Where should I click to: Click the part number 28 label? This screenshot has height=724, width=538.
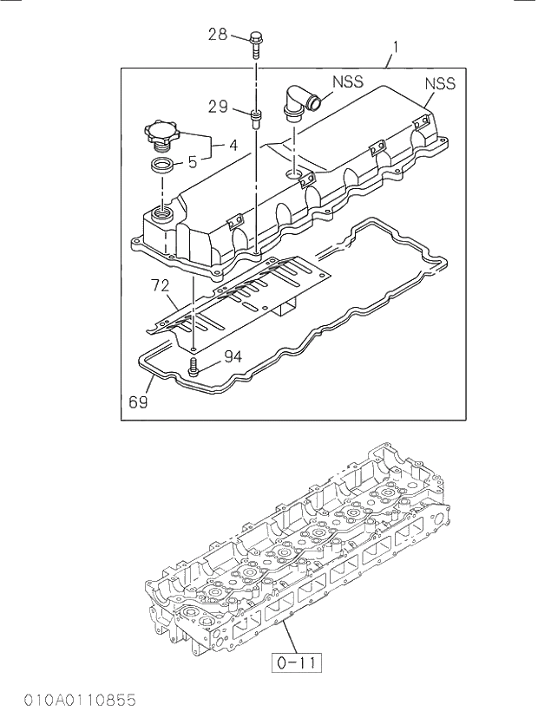[x=217, y=35]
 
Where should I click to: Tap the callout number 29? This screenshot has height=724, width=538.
[x=218, y=107]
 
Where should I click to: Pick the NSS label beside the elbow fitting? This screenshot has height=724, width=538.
[x=347, y=83]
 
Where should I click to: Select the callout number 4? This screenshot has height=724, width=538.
[x=233, y=146]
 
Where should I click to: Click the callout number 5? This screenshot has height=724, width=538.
[x=193, y=161]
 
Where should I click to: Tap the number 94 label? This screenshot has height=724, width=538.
[x=233, y=356]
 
